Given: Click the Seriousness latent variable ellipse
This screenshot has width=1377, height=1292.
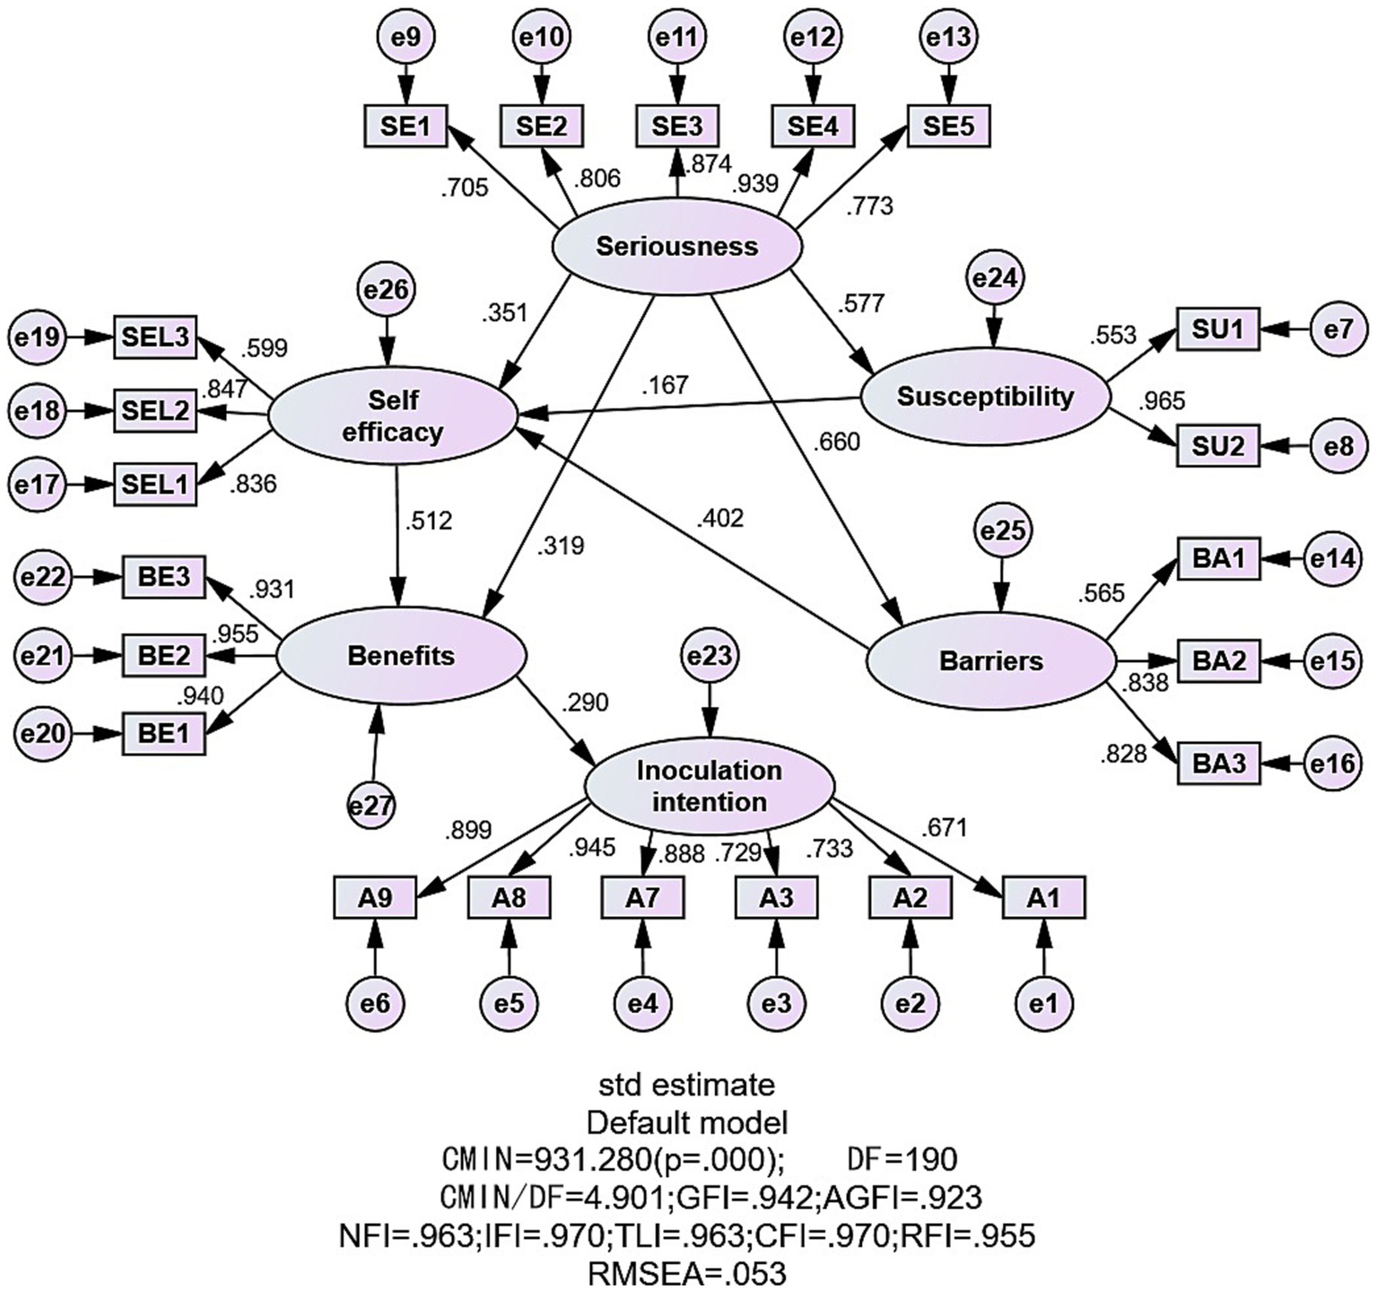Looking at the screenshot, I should (676, 246).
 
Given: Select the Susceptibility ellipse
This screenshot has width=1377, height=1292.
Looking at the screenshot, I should (985, 397).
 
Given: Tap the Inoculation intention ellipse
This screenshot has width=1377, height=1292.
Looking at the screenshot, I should (709, 786).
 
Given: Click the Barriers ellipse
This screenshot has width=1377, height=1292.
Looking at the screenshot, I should (990, 661).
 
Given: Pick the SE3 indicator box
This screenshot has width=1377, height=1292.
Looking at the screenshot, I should (677, 127).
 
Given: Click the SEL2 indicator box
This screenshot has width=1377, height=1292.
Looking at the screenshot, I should (154, 411).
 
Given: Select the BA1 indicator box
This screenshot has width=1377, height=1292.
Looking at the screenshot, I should (1218, 559).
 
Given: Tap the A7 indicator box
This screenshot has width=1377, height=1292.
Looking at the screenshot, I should (642, 897).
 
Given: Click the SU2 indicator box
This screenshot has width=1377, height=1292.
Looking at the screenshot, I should (1218, 445).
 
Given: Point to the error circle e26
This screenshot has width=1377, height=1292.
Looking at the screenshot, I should (387, 290).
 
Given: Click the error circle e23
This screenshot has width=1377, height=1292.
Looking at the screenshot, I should (709, 656).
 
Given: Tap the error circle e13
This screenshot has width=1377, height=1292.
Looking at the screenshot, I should (948, 37).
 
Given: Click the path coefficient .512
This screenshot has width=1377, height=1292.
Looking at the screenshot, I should (429, 520).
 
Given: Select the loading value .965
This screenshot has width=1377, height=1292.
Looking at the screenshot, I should (1162, 401).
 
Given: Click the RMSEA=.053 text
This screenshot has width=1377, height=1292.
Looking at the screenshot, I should (686, 1273).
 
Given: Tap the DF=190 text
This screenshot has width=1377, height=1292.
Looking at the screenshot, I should (902, 1159).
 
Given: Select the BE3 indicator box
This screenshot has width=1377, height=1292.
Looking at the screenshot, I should (163, 577).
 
